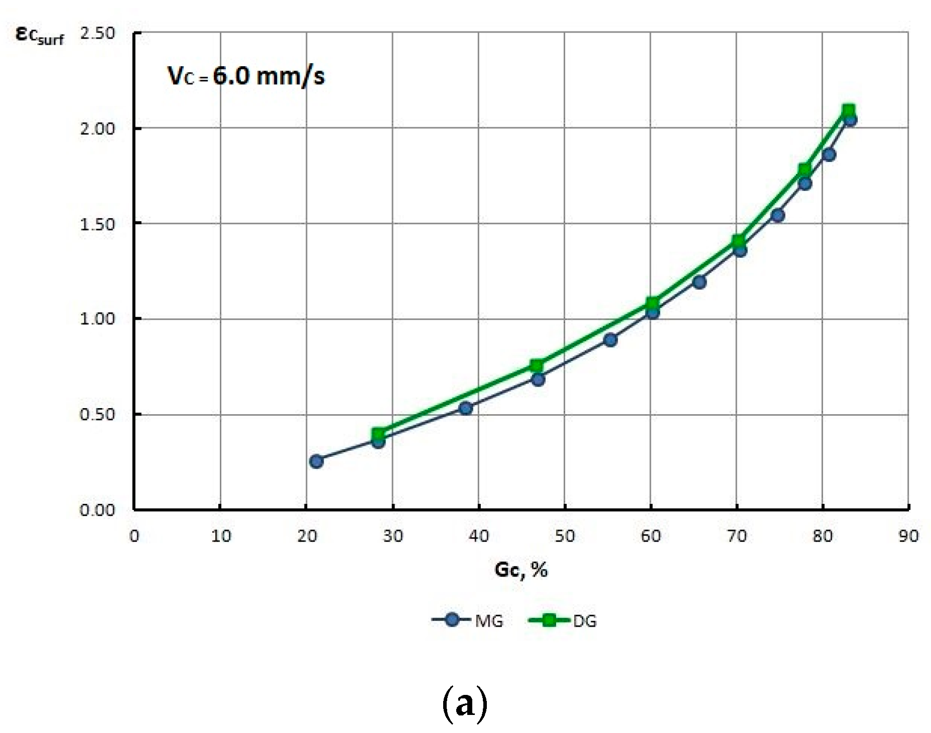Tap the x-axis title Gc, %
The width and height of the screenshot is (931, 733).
[x=521, y=570]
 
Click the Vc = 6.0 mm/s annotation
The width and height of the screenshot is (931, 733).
[x=246, y=76]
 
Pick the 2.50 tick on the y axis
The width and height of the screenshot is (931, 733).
[x=97, y=33]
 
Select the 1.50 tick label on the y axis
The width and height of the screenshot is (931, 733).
[x=97, y=224]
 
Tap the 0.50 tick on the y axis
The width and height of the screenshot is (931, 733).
[x=97, y=415]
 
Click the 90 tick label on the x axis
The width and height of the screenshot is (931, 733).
[x=908, y=536]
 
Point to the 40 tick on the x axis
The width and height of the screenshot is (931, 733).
[x=479, y=536]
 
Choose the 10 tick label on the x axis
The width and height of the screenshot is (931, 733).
[x=220, y=536]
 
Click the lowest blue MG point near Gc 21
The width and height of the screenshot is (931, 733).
[x=316, y=461]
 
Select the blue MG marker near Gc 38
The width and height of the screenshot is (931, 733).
[x=466, y=408]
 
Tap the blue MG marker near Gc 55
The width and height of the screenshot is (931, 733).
[x=610, y=340]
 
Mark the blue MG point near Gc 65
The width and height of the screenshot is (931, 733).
[x=699, y=282]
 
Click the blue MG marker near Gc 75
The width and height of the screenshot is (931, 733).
[x=777, y=216]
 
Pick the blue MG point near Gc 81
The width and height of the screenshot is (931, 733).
[x=829, y=154]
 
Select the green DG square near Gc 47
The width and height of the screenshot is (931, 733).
[x=537, y=365]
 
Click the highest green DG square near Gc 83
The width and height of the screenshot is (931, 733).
[x=848, y=111]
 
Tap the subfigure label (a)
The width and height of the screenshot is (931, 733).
[x=465, y=704]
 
